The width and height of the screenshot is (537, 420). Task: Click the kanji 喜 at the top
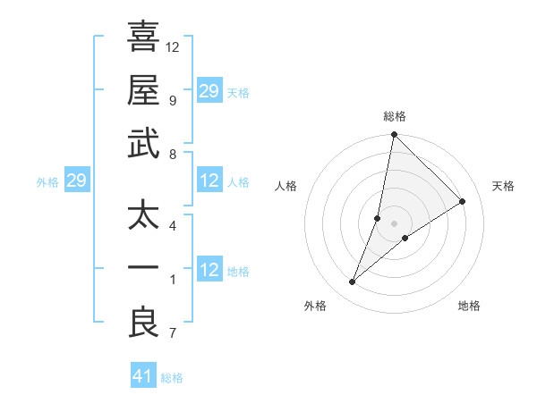click(x=142, y=38)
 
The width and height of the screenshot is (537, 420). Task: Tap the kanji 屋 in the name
click(x=142, y=91)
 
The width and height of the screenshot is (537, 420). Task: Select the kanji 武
click(x=142, y=145)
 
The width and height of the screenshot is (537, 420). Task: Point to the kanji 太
click(x=142, y=217)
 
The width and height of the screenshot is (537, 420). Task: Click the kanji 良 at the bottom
click(x=142, y=323)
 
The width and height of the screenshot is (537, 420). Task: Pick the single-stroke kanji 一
click(x=142, y=270)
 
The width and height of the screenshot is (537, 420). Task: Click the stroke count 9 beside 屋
click(x=173, y=100)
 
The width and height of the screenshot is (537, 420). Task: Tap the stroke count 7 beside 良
click(x=173, y=334)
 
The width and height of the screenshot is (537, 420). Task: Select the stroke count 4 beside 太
click(x=173, y=225)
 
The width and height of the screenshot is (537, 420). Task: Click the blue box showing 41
click(x=143, y=376)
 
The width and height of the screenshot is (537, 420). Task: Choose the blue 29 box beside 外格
click(x=76, y=181)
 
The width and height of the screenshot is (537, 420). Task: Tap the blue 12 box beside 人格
click(x=209, y=181)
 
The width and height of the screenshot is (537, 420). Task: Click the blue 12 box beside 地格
click(x=209, y=270)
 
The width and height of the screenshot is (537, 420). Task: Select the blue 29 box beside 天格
click(x=209, y=91)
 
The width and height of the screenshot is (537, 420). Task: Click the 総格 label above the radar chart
click(x=394, y=116)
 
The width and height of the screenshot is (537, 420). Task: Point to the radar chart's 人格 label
click(x=286, y=186)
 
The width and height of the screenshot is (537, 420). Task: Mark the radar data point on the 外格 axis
click(x=353, y=282)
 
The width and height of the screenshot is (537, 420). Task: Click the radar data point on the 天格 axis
click(x=463, y=202)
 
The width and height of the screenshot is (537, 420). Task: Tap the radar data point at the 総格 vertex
click(x=394, y=136)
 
